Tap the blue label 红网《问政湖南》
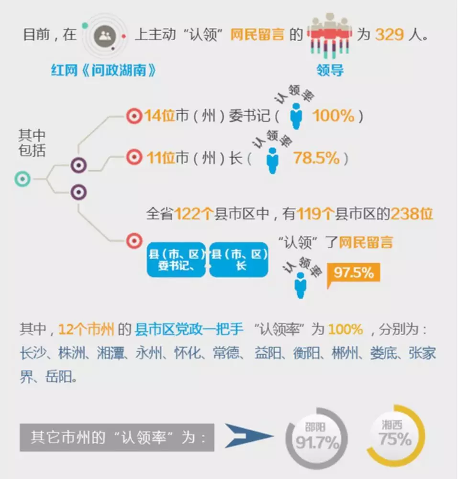tap(104, 71)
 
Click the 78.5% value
tap(316, 158)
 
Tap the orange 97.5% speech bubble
tap(353, 273)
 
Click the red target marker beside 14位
tap(134, 116)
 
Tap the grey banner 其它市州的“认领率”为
tap(117, 437)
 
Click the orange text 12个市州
tap(86, 329)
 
